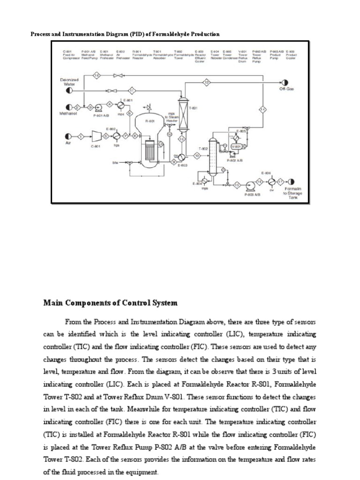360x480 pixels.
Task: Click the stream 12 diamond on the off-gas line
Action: click(x=207, y=83)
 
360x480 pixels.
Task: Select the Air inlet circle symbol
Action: click(x=68, y=136)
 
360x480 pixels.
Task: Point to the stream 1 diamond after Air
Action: click(x=81, y=136)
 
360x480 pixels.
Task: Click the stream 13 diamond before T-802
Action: click(x=197, y=155)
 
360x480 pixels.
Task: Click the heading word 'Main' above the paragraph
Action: click(x=53, y=303)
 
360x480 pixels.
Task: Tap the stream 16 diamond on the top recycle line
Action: click(x=97, y=75)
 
